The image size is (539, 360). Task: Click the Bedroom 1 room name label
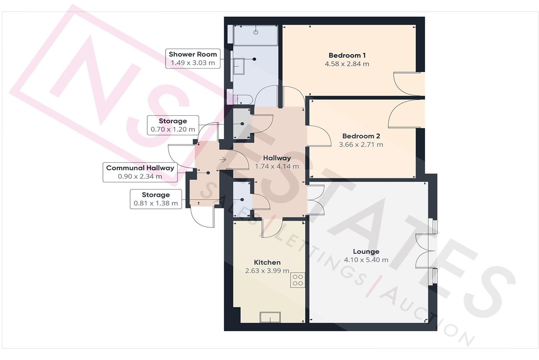coord(347,55)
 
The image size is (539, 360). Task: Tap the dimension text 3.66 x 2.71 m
coord(361,145)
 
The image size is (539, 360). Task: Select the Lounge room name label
coord(366,252)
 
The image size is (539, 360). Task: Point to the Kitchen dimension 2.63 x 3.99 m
coord(267,271)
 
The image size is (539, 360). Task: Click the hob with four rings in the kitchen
coord(298,280)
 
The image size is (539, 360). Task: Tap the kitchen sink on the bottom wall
coord(270,317)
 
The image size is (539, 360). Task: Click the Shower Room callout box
coord(193,59)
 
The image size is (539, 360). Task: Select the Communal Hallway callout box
coord(140,172)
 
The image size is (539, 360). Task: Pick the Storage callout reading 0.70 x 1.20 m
coord(173,125)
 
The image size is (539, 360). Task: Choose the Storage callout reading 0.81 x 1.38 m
coord(156,199)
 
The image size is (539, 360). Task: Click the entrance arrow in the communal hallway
coord(223,160)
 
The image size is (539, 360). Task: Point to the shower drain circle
coord(256,32)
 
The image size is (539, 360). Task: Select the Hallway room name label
coord(277,158)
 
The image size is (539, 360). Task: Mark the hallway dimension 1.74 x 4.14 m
coord(277,167)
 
